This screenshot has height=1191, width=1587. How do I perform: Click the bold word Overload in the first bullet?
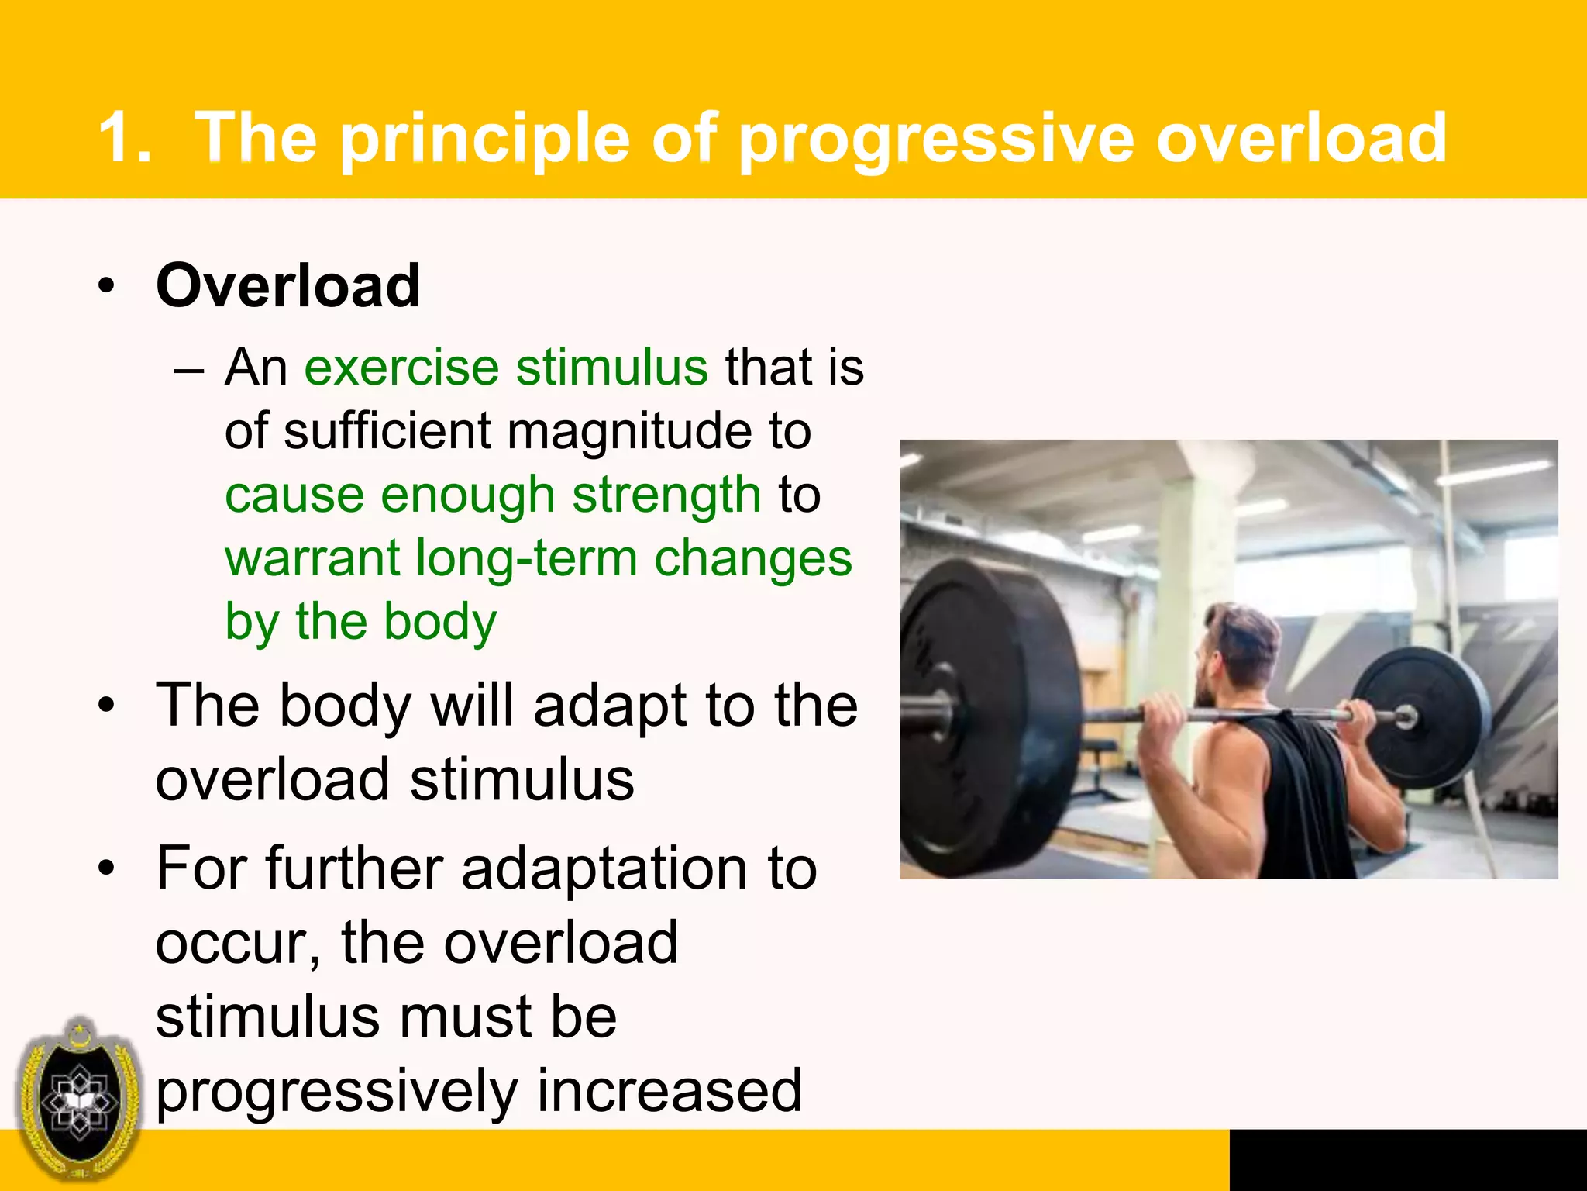pyautogui.click(x=287, y=285)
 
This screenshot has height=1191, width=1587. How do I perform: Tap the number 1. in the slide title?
pyautogui.click(x=124, y=137)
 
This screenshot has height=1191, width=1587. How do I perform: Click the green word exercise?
pyautogui.click(x=401, y=367)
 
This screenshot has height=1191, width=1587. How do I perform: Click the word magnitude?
pyautogui.click(x=629, y=431)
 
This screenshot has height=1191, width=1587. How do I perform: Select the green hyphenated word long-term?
pyautogui.click(x=526, y=558)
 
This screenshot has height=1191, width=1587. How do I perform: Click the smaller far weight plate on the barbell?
pyautogui.click(x=1423, y=717)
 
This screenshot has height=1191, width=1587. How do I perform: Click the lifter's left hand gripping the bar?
pyautogui.click(x=1162, y=713)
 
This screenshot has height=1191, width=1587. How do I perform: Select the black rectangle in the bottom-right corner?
pyautogui.click(x=1407, y=1159)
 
